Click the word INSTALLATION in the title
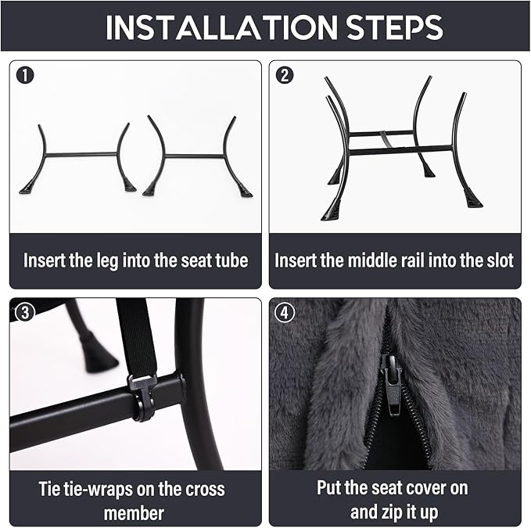pos(221,27)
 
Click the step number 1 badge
pos(25,76)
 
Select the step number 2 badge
pos(285,76)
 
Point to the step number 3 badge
pos(25,312)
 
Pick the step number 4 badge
pos(285,312)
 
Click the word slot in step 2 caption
pos(500,260)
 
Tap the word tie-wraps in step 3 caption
pos(94,490)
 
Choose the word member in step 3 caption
pos(134,513)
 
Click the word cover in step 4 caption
pos(425,488)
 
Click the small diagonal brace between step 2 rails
pos(386,139)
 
